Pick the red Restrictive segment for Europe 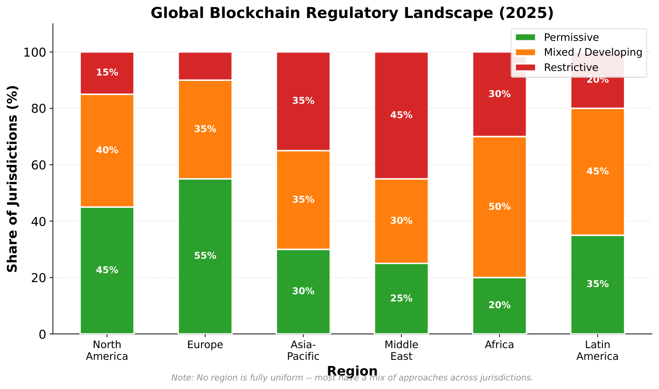pos(205,66)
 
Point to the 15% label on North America pos(107,72)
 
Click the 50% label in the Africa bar pos(500,207)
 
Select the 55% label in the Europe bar pos(205,256)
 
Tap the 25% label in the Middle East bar pos(401,298)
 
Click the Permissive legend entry pos(571,37)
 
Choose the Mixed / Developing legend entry pos(593,52)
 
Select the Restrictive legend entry pos(571,67)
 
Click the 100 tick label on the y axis pos(35,53)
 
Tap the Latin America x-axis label pos(597,351)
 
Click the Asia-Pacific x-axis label pos(303,351)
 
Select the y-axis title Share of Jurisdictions pos(13,178)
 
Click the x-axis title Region pos(352,371)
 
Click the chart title pos(352,13)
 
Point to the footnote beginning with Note pos(352,378)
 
